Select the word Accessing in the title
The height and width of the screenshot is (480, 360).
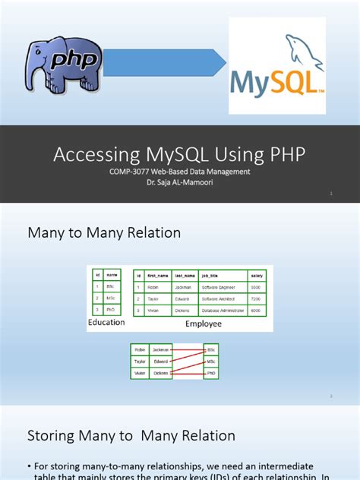click(94, 155)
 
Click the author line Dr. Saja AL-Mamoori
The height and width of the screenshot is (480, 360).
click(180, 185)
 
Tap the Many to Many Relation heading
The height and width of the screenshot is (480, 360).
click(104, 233)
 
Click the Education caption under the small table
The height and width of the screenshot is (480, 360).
click(107, 322)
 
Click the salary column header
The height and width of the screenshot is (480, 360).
click(256, 276)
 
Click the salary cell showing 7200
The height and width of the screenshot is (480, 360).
click(256, 299)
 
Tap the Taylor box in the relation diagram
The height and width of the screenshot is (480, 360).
click(141, 362)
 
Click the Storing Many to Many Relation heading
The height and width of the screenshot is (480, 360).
click(131, 436)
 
